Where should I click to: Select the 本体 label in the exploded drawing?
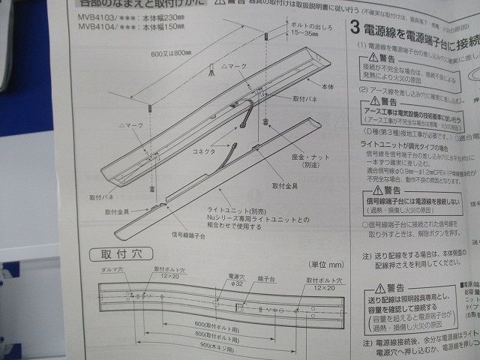[325, 87]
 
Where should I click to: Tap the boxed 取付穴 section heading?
[112, 253]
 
